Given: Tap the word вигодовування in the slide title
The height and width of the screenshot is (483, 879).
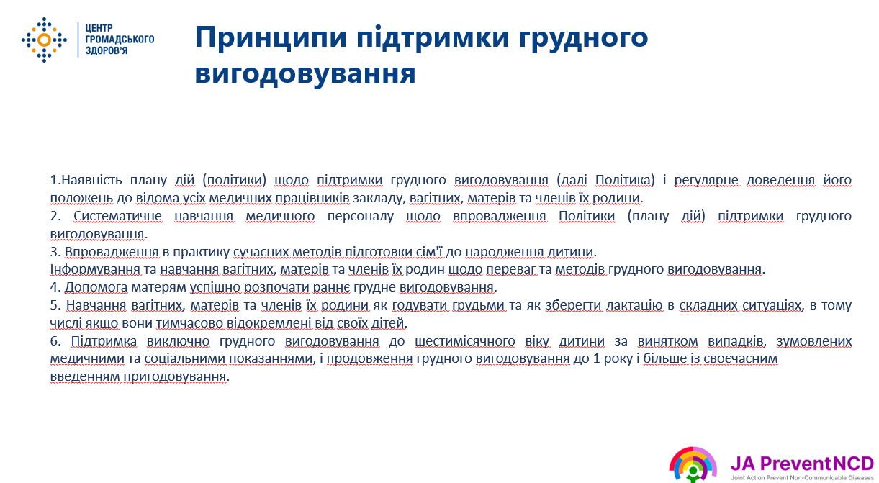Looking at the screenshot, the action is tap(305, 73).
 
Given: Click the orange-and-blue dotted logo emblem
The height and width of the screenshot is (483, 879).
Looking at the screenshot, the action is tap(44, 40).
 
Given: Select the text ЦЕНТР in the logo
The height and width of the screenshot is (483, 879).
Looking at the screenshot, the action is tap(99, 28).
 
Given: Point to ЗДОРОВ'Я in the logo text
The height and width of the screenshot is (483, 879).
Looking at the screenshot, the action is tap(107, 50).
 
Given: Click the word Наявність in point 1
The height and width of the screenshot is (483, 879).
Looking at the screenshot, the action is tap(92, 180).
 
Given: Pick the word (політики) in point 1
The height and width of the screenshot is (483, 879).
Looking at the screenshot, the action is tap(234, 180).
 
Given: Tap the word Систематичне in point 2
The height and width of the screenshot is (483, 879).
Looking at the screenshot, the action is tap(117, 216).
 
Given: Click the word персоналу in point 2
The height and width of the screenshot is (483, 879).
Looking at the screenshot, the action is tap(360, 216).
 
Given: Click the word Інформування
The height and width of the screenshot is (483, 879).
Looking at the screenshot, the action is tap(95, 269).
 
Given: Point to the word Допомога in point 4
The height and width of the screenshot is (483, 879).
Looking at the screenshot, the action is tap(96, 288).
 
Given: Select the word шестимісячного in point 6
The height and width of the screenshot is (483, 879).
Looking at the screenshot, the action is tap(464, 341).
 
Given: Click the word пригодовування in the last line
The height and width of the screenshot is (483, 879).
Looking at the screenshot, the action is tap(175, 376).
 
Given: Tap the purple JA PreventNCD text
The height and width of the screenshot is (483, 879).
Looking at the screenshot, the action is tap(803, 464).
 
